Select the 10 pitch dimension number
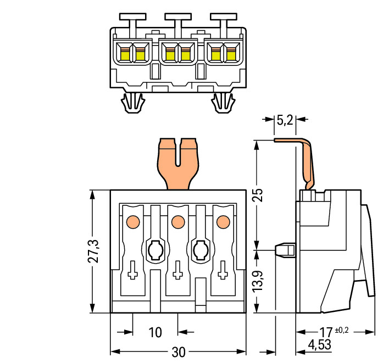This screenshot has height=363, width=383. point(156,332)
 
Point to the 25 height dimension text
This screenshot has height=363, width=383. point(258,196)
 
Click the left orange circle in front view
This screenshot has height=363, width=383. point(132,222)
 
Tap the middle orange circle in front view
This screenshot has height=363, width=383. point(177,222)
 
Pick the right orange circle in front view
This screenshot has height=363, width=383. point(223,222)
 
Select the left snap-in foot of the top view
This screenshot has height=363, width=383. point(132,102)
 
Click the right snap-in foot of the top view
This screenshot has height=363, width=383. point(223,102)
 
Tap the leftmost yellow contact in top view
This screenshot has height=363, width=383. point(125,54)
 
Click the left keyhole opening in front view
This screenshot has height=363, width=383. point(154,250)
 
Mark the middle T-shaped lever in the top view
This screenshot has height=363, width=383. point(177,22)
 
